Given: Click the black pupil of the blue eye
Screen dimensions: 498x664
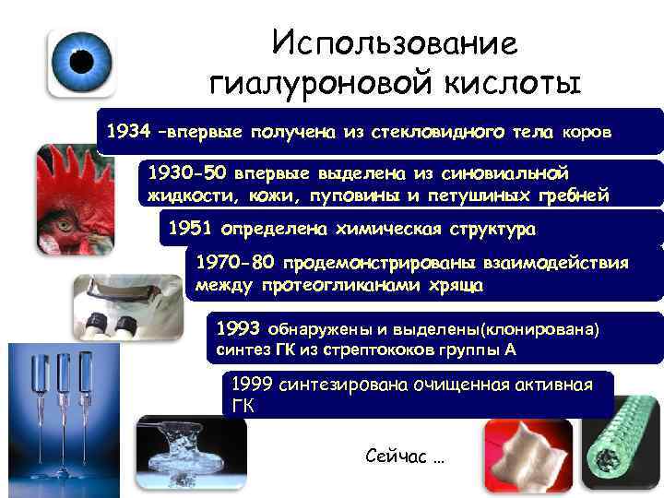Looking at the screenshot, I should coord(82,60).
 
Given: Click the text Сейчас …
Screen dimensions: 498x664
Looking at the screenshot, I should coord(405,456).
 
